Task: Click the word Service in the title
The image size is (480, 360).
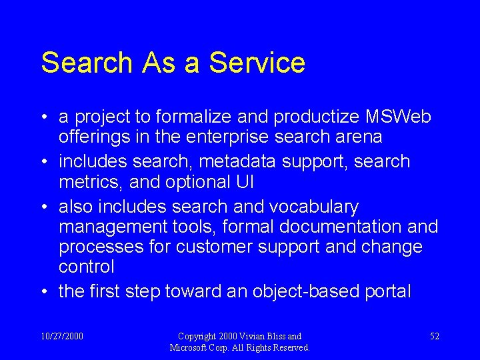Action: pos(257,63)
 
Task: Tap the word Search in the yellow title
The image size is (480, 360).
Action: pos(87,63)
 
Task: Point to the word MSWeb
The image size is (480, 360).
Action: pos(399,117)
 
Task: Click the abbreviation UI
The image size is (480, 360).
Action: pos(242,181)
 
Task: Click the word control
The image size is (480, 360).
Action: pos(87,267)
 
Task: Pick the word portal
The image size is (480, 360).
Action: pos(387,291)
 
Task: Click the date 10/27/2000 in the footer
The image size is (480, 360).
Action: pos(62,336)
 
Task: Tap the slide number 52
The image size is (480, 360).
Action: pos(434,336)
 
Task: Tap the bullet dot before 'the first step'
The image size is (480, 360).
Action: pos(43,292)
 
